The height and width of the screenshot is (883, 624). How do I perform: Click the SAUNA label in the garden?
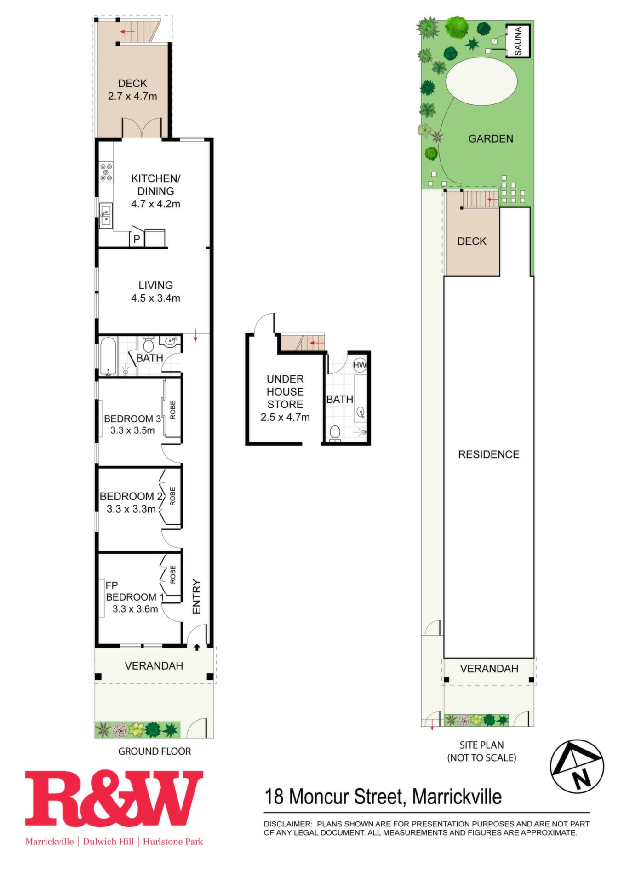pos(518,41)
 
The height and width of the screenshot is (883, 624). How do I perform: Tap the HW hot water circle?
pos(360,365)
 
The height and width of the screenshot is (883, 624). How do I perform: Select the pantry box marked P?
pos(137,238)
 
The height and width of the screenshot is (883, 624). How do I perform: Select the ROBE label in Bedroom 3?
pos(173,410)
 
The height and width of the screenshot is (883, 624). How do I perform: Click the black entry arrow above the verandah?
pos(197,647)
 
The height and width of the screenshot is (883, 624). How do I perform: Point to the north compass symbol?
pos(577,767)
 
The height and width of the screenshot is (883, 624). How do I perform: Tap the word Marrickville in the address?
pos(457,797)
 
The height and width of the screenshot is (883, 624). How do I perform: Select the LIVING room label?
pos(155,285)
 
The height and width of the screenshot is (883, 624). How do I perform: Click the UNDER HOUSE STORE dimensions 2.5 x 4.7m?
pos(285,417)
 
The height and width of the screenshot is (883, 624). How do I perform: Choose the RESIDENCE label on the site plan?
pos(489,454)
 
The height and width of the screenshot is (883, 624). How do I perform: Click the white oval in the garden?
pos(481,82)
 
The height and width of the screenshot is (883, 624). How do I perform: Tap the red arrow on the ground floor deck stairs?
pos(128,32)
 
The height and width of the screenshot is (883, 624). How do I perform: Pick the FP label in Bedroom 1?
pos(112,585)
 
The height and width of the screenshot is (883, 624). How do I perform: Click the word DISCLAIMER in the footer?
pos(287,824)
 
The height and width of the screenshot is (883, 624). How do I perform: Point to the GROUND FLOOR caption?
pos(155,751)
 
